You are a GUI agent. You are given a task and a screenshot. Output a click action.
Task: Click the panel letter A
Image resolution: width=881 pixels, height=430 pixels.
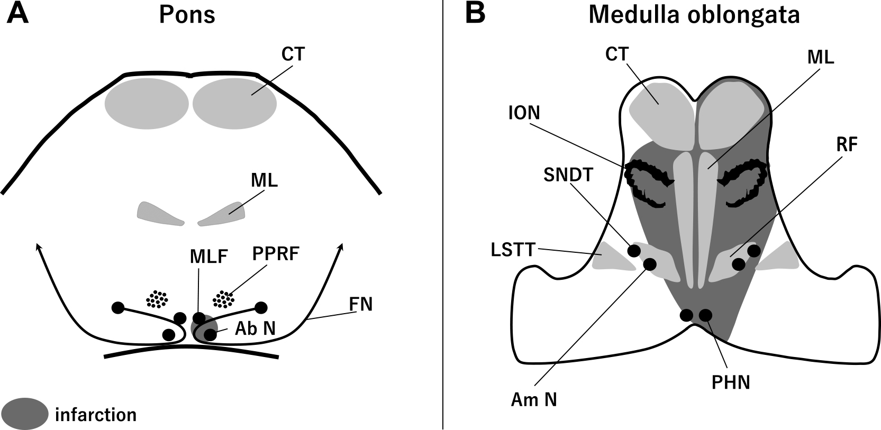pos(17,14)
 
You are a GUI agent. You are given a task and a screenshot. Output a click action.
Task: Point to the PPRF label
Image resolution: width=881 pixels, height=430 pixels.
pos(275,254)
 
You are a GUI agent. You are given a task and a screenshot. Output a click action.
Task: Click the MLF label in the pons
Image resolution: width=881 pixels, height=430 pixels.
pos(208,257)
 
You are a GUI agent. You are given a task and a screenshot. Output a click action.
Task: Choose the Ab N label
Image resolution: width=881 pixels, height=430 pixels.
pos(255,328)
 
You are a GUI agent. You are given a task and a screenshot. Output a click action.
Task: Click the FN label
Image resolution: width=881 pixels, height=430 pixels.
pos(360,304)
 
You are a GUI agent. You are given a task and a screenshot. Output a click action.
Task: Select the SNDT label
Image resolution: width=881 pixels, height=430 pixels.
pos(568,175)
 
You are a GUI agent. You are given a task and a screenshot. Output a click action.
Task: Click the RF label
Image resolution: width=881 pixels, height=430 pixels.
pos(847,145)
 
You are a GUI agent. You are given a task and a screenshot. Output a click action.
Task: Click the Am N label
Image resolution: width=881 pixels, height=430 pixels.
pos(534,399)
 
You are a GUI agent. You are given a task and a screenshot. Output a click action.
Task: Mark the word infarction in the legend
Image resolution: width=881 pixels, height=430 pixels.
pos(96,415)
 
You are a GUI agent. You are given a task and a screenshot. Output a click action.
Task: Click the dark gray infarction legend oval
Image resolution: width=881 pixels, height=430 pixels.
pos(24,414)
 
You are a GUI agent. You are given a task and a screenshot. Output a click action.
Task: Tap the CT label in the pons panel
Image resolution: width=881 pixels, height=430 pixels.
pos(293,54)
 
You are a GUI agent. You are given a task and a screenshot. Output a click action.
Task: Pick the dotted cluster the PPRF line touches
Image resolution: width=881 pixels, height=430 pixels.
pos(223,299)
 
